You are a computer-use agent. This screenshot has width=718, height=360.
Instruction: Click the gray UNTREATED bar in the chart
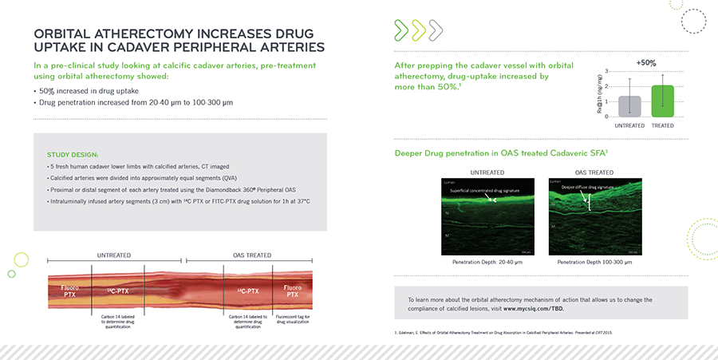coord(629,106)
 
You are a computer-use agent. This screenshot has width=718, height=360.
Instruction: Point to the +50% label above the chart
coord(647,61)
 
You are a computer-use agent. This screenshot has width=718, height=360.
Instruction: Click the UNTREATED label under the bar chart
coord(629,125)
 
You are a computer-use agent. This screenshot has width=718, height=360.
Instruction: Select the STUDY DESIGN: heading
coord(73,154)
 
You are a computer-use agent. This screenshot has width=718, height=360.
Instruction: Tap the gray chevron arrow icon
coord(436,31)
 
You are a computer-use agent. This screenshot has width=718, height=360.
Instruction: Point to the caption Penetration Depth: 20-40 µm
coord(487,262)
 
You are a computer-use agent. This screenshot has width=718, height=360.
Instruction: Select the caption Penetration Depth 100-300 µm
coord(594,262)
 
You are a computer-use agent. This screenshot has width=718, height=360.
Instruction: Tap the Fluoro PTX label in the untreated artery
coord(64,290)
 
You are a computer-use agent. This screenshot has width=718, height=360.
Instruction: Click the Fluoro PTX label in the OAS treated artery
coord(293,290)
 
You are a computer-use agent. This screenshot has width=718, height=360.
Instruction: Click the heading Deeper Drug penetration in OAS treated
coord(495,152)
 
